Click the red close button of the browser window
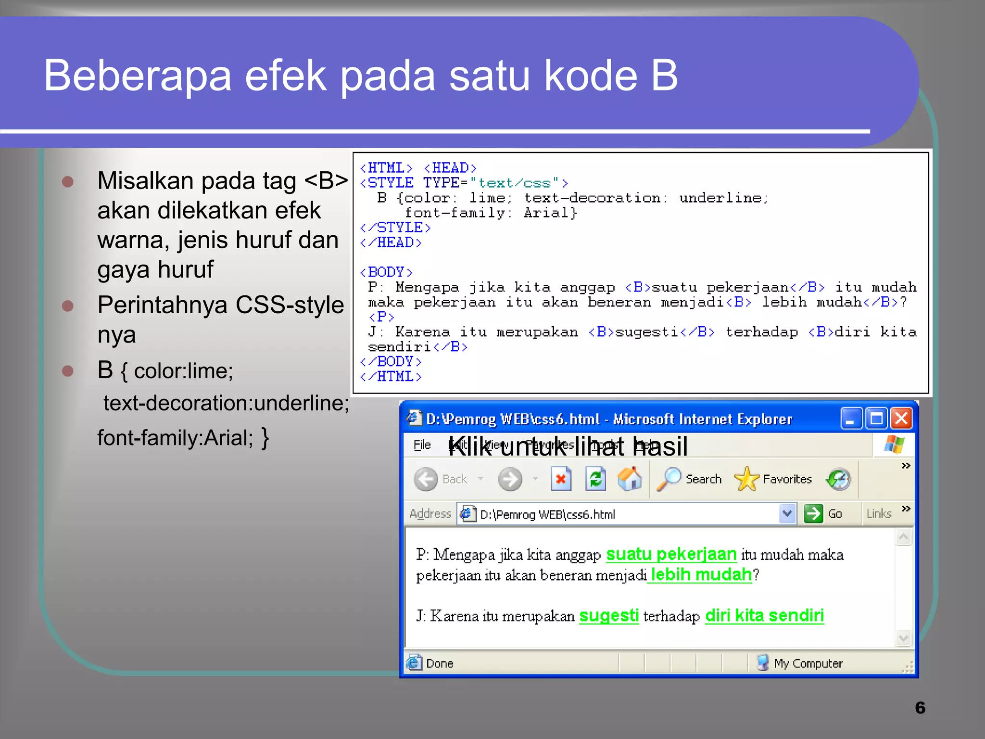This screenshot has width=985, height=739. (x=901, y=419)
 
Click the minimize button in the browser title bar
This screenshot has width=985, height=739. (x=851, y=419)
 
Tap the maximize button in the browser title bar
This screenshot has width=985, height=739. (x=876, y=419)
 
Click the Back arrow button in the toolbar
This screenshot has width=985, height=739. (x=426, y=479)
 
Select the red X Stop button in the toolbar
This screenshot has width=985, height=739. (x=561, y=479)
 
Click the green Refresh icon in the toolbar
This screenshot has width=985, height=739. (x=595, y=479)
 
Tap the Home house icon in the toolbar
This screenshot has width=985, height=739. (x=630, y=479)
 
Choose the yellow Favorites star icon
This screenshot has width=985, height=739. (x=746, y=479)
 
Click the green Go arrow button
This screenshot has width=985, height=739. (x=814, y=514)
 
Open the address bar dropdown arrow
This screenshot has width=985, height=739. (x=787, y=514)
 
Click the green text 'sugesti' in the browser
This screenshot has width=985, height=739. (x=609, y=616)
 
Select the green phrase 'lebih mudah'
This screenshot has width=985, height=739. (x=701, y=575)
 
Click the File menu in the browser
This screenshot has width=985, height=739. (x=422, y=445)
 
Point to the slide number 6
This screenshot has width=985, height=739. (x=920, y=708)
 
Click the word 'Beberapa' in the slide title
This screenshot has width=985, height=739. (x=138, y=76)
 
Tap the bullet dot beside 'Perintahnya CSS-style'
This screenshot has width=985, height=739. (x=68, y=306)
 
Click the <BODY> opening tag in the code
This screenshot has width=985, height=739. (x=386, y=272)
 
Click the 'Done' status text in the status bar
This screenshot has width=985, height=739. (x=440, y=663)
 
